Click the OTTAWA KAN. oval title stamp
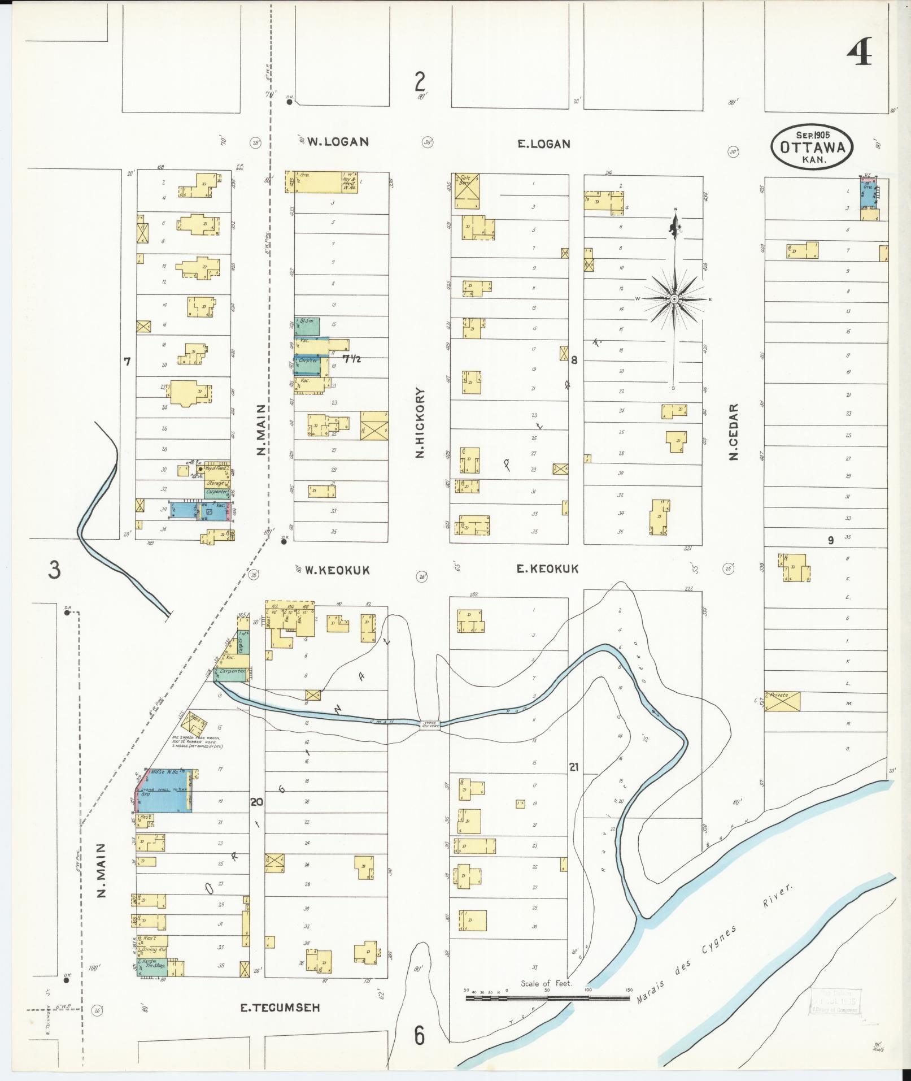pyautogui.click(x=812, y=147)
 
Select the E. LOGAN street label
pyautogui.click(x=544, y=144)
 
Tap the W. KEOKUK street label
pyautogui.click(x=337, y=570)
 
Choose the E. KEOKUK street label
pyautogui.click(x=547, y=569)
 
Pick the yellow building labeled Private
pyautogui.click(x=782, y=701)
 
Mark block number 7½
pyautogui.click(x=351, y=358)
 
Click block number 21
pyautogui.click(x=574, y=767)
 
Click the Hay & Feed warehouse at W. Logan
pyautogui.click(x=350, y=182)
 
